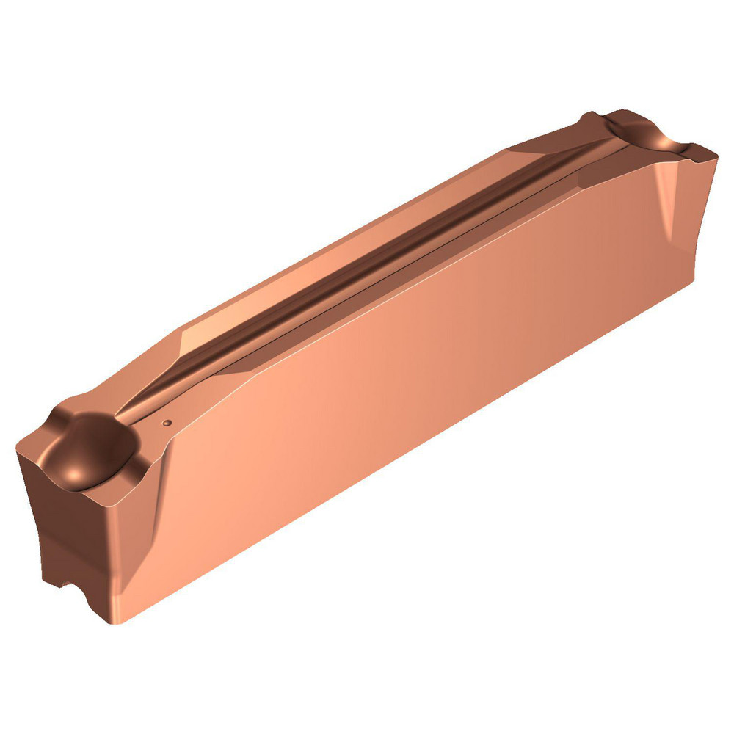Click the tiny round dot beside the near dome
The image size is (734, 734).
[167, 423]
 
